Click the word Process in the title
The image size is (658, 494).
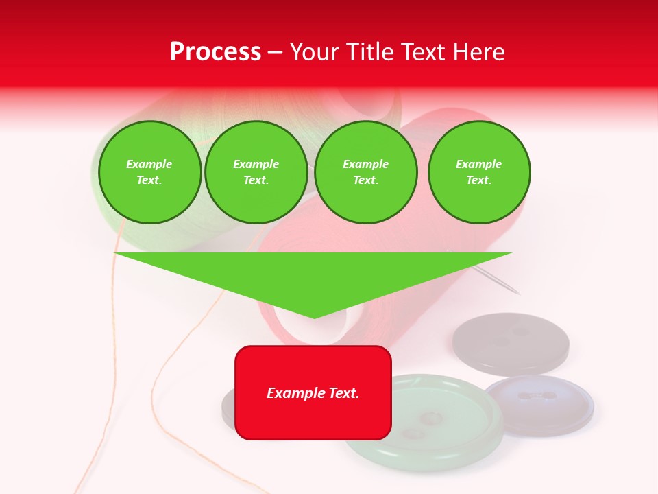pyautogui.click(x=215, y=52)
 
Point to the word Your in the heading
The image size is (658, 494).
pyautogui.click(x=315, y=52)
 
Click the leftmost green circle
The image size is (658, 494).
pyautogui.click(x=149, y=172)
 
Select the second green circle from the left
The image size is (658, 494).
pyautogui.click(x=256, y=172)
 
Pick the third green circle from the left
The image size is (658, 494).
pyautogui.click(x=365, y=172)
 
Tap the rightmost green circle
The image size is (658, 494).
pyautogui.click(x=479, y=172)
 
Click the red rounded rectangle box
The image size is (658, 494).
pyautogui.click(x=313, y=412)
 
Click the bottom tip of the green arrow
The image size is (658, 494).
pyautogui.click(x=314, y=316)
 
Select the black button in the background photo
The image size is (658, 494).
pyautogui.click(x=511, y=343)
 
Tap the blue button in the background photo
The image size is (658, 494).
pyautogui.click(x=539, y=405)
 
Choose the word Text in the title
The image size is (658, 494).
pyautogui.click(x=423, y=52)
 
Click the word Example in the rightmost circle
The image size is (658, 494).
pyautogui.click(x=478, y=164)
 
